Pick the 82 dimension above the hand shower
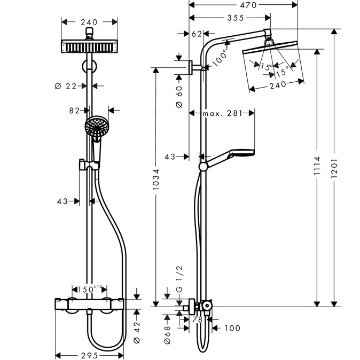(74, 111)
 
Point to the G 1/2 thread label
(180, 283)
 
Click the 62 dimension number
(197, 34)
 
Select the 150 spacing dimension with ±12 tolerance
(89, 289)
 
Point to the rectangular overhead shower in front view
(89, 46)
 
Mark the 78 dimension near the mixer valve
(197, 320)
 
